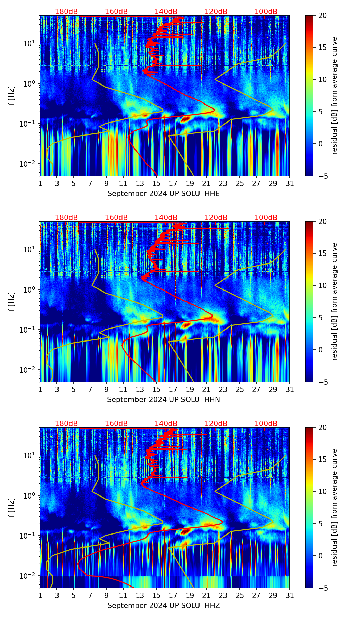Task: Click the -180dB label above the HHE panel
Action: coord(65,12)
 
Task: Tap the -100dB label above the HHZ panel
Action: coord(265,424)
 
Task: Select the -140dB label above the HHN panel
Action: coord(165,218)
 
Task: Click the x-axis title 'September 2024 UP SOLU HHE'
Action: coord(164,194)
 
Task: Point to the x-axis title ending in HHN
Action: coord(164,400)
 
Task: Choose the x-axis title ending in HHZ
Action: coord(164,606)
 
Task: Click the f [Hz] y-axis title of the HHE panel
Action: coord(12,96)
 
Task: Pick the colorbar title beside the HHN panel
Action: coord(334,301)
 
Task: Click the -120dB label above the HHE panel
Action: coord(215,12)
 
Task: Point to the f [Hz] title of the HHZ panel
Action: coord(12,508)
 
